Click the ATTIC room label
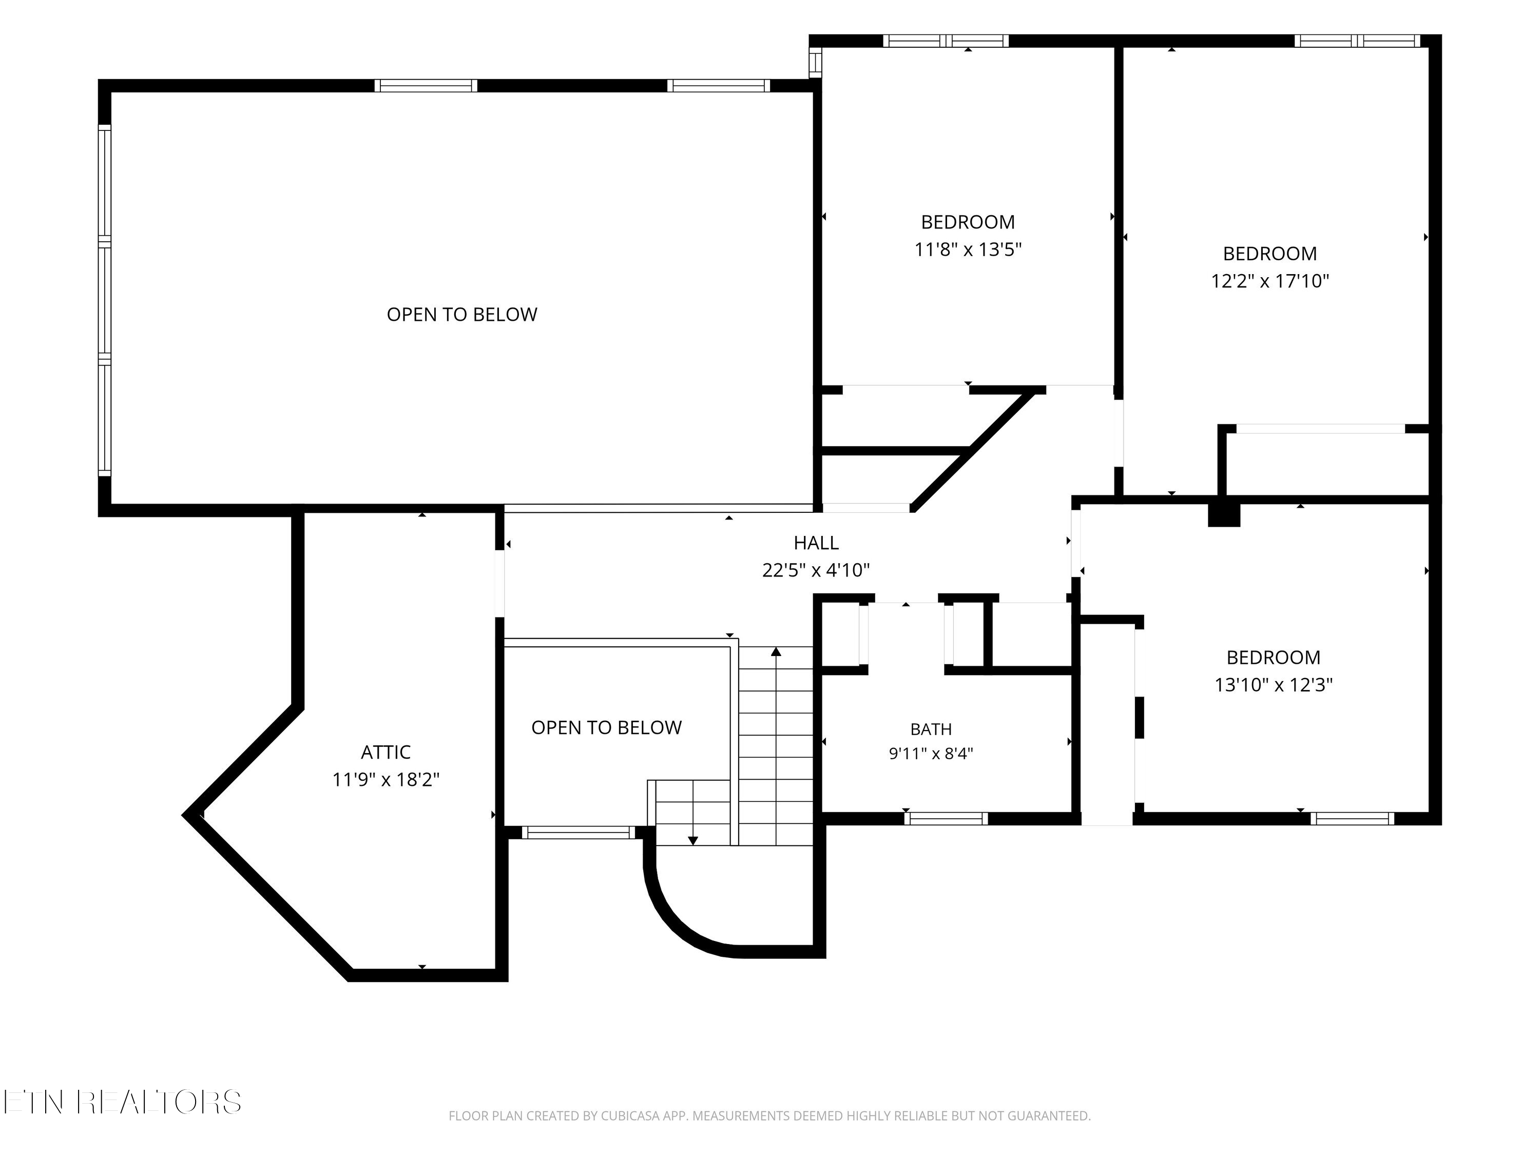[x=386, y=752]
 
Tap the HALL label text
[x=816, y=543]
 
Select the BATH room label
[x=931, y=729]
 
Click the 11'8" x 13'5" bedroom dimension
[x=968, y=249]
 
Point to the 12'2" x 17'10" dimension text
[x=1270, y=281]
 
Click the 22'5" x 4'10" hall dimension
[x=816, y=570]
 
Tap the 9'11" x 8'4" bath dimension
[x=931, y=753]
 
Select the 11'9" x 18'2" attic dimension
[x=386, y=779]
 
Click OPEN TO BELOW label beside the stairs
[x=606, y=727]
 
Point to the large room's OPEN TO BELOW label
[x=461, y=315]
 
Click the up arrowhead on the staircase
[x=776, y=651]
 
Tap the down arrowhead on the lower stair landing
[x=692, y=840]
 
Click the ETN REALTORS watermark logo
[x=122, y=1102]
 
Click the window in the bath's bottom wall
[x=946, y=819]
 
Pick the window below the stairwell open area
[x=579, y=832]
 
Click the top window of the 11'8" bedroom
[x=946, y=41]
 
